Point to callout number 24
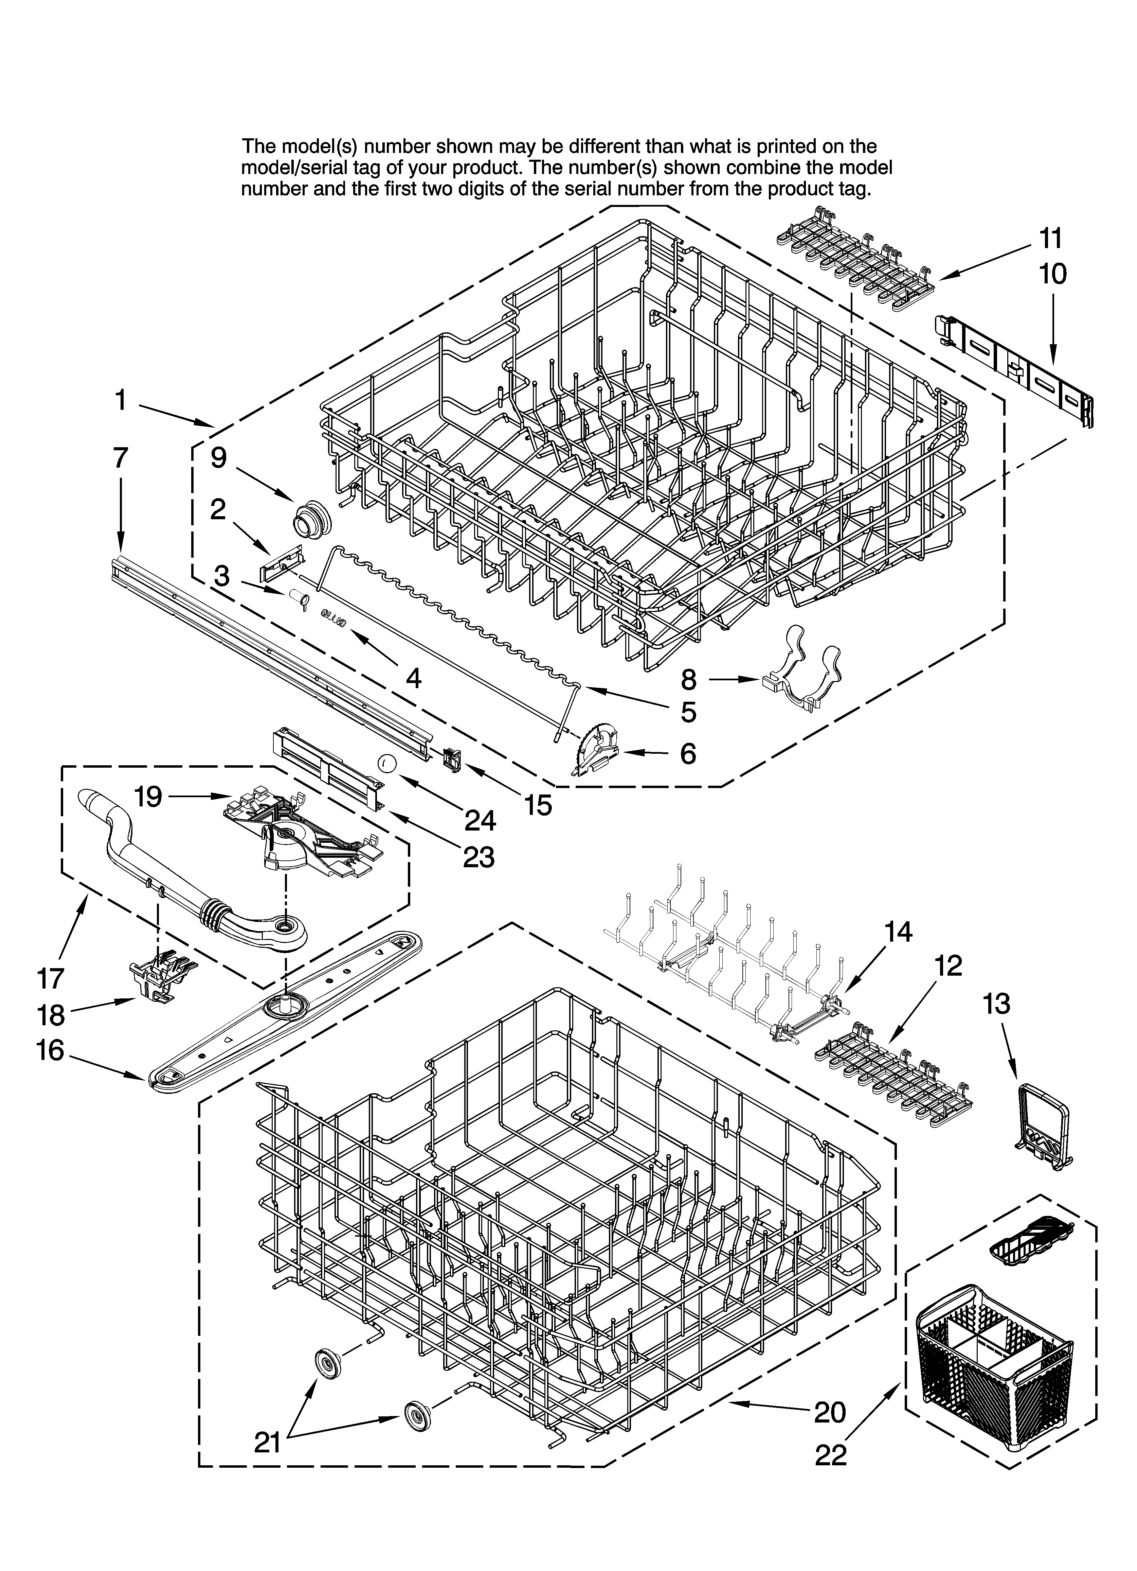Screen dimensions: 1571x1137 [480, 820]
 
